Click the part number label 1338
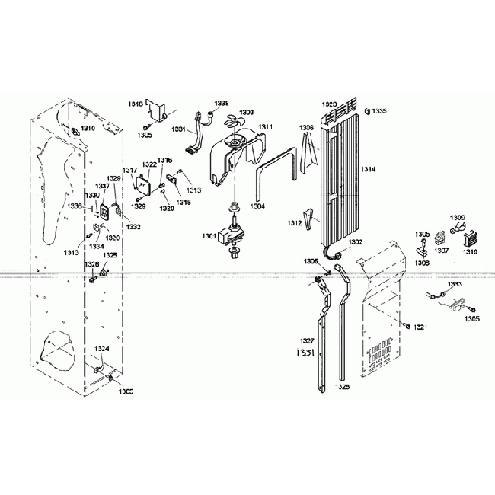(x=221, y=103)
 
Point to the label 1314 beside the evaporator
(x=368, y=168)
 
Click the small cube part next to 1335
(x=367, y=111)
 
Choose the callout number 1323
(x=329, y=104)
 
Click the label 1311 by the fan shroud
(x=265, y=126)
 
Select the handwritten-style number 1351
(x=305, y=353)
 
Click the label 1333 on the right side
(x=454, y=284)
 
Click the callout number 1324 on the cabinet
(x=101, y=349)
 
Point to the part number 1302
(x=355, y=242)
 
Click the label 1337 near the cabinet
(x=102, y=187)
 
